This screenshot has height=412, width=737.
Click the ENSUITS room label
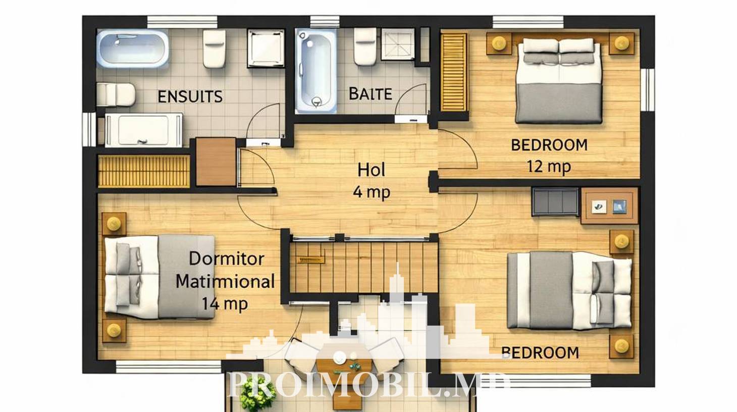[190, 96]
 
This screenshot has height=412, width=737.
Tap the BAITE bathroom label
[370, 94]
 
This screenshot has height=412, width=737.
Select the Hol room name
[371, 170]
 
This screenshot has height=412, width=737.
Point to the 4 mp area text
[372, 192]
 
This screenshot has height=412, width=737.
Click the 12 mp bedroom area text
[549, 166]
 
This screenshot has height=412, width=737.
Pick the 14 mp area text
[225, 303]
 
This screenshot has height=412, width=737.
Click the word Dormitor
[226, 259]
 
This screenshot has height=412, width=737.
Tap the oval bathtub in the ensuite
[133, 48]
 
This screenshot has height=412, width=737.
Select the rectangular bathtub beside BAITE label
[316, 71]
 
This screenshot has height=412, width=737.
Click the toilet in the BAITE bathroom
[365, 46]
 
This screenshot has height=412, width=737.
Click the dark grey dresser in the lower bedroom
[555, 202]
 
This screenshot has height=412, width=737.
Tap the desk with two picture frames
[609, 206]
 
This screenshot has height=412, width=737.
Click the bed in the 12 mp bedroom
[559, 81]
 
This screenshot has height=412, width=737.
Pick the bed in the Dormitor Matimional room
[160, 277]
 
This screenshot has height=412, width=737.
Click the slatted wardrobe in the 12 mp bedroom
[454, 72]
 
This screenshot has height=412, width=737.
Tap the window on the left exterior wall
[89, 129]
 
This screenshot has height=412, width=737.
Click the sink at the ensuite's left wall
[116, 95]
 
